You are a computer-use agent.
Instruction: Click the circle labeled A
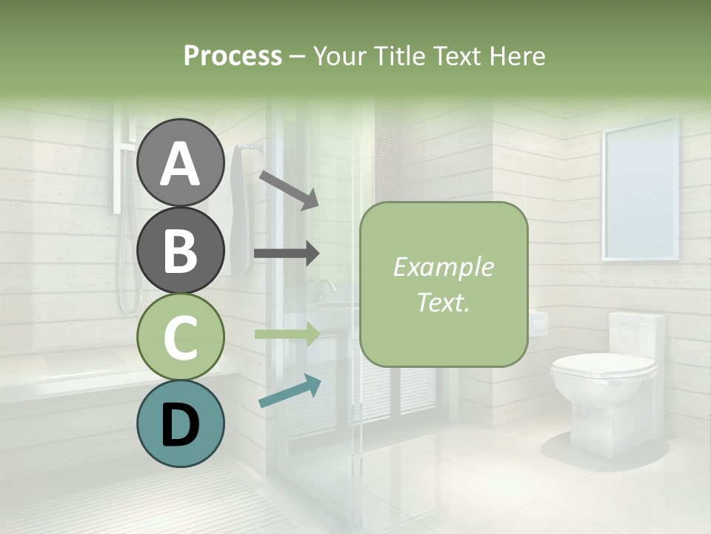(180, 162)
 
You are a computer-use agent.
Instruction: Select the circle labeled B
(180, 249)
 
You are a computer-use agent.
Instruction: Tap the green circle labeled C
(180, 337)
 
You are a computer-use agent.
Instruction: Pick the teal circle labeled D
(180, 424)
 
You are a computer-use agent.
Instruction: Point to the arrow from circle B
(287, 254)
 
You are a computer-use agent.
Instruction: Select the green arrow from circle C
(287, 334)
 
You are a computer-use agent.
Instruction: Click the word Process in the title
(233, 56)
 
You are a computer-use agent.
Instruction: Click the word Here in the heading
(515, 56)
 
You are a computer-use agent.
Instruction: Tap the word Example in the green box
(443, 267)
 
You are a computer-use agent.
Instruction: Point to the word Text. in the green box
(443, 302)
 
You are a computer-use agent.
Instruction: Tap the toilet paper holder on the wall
(538, 321)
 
